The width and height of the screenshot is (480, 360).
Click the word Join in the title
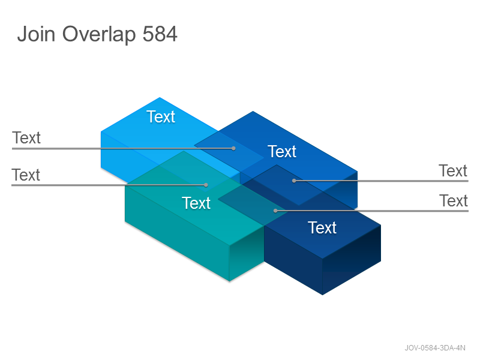[x=36, y=34]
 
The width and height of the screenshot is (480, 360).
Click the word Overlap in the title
[x=99, y=35]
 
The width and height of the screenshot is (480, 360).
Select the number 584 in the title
[x=160, y=34]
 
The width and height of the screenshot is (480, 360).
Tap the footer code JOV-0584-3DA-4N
[x=435, y=348]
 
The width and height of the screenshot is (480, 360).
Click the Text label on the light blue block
[x=161, y=116]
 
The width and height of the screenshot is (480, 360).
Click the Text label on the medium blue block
[x=282, y=152]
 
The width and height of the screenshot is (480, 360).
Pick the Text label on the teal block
[x=196, y=203]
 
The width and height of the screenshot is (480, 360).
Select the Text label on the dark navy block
[x=322, y=228]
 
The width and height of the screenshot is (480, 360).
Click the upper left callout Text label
[x=26, y=138]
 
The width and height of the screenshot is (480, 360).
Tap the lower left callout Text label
[x=26, y=175]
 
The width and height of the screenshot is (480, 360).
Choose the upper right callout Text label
[x=453, y=171]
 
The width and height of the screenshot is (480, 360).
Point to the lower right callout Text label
[x=454, y=201]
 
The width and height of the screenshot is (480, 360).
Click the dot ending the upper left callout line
[x=233, y=148]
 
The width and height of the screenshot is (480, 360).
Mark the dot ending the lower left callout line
[x=206, y=185]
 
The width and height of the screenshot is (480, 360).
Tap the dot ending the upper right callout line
[x=294, y=181]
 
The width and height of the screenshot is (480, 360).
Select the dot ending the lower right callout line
[x=275, y=211]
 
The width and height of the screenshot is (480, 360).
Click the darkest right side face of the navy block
[x=352, y=260]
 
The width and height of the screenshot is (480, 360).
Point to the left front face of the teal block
[x=177, y=233]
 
